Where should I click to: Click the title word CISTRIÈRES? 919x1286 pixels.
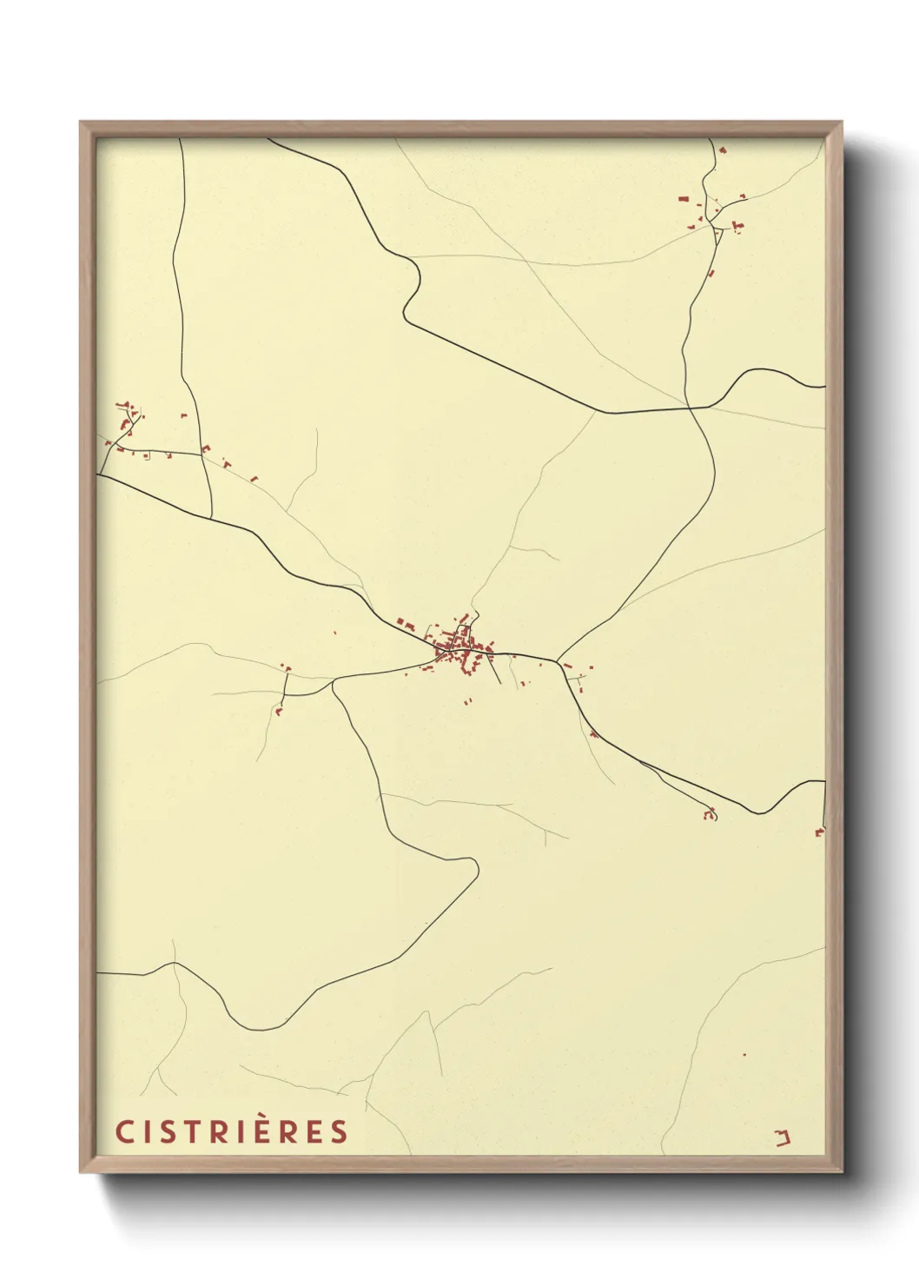point(232,1131)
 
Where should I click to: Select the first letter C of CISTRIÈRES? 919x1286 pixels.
point(123,1132)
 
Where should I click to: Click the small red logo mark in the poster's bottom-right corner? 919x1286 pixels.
point(783,1137)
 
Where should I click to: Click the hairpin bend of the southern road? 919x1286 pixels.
point(474,866)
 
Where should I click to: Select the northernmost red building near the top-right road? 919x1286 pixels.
point(723,149)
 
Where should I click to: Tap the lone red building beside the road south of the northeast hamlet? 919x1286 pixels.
point(711,274)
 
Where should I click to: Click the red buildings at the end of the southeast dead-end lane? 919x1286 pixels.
point(710,815)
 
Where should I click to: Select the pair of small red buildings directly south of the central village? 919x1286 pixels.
point(467,700)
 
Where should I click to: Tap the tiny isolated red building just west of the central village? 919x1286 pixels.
point(334,633)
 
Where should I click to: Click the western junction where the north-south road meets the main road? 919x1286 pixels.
point(212,519)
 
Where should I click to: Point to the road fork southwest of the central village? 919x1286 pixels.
point(333,682)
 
